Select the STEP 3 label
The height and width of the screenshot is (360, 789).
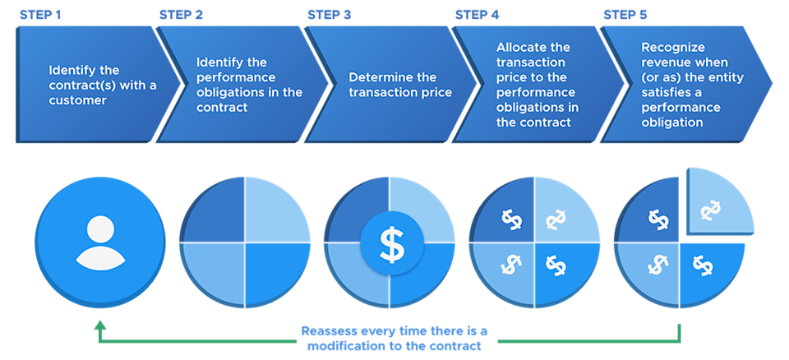[330, 15]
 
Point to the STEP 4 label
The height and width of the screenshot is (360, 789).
[478, 15]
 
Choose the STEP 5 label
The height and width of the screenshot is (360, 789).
[625, 15]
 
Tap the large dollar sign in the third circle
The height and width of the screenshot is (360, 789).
[392, 243]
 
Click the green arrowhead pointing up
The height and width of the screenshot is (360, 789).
[100, 326]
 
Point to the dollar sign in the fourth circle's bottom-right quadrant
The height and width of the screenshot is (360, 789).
[556, 265]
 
